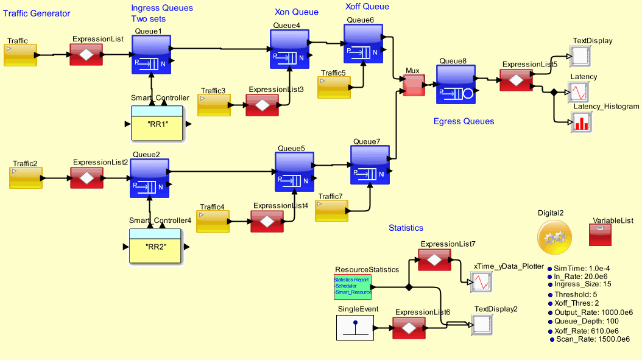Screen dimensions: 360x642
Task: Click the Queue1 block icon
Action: (x=151, y=54)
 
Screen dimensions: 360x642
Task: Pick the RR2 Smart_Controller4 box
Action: (x=155, y=246)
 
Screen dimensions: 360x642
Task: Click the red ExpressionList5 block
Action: (x=516, y=80)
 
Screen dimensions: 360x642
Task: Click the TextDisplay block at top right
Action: (x=579, y=57)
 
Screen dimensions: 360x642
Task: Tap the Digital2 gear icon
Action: (x=554, y=238)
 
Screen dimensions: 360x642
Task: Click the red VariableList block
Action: (x=604, y=235)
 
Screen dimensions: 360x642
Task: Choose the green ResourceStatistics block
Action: (x=353, y=286)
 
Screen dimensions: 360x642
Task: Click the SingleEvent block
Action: (x=355, y=328)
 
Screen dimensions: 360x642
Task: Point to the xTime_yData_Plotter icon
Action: (x=479, y=282)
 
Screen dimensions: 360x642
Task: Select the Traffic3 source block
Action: (x=214, y=105)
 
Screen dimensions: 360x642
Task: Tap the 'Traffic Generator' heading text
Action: (x=37, y=13)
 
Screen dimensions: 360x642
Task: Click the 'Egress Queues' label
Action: (x=464, y=121)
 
